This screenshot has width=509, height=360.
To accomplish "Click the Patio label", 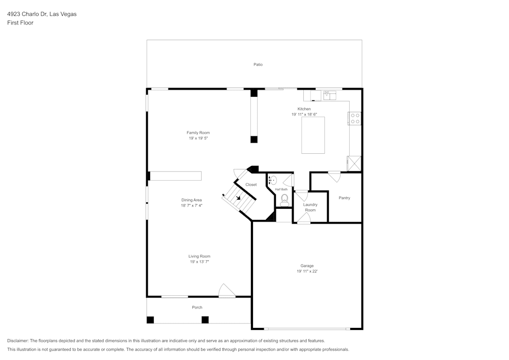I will point(259,65).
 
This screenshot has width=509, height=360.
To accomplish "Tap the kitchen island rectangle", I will point(313,135).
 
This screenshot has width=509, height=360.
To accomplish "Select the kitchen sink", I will point(331,94).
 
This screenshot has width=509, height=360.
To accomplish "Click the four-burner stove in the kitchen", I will point(355,119).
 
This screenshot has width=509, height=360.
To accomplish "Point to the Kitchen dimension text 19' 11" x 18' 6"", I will point(304,115).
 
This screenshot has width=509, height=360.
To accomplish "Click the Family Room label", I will point(198,132).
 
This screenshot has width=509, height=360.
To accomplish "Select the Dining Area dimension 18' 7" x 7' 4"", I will point(192,206).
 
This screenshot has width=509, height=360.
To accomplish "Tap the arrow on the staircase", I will point(239,198).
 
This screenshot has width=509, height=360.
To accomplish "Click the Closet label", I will point(251,184).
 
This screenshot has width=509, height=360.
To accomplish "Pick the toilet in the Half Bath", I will point(285,199).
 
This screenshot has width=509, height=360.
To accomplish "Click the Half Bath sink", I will point(273,180).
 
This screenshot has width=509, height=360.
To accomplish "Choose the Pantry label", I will point(345,198).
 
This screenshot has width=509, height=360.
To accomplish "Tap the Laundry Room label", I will point(310,207).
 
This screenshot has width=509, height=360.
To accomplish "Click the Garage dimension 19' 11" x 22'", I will point(307,271).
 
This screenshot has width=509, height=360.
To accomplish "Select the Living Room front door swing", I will point(226,291).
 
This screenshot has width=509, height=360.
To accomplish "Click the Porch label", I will point(197,308).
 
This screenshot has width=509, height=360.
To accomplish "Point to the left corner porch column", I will point(150,320).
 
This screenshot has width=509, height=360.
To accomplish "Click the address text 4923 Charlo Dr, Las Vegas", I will point(42,14).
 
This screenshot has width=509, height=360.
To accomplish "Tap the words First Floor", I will point(20,23).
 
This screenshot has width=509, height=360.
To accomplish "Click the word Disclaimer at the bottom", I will point(17,341).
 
